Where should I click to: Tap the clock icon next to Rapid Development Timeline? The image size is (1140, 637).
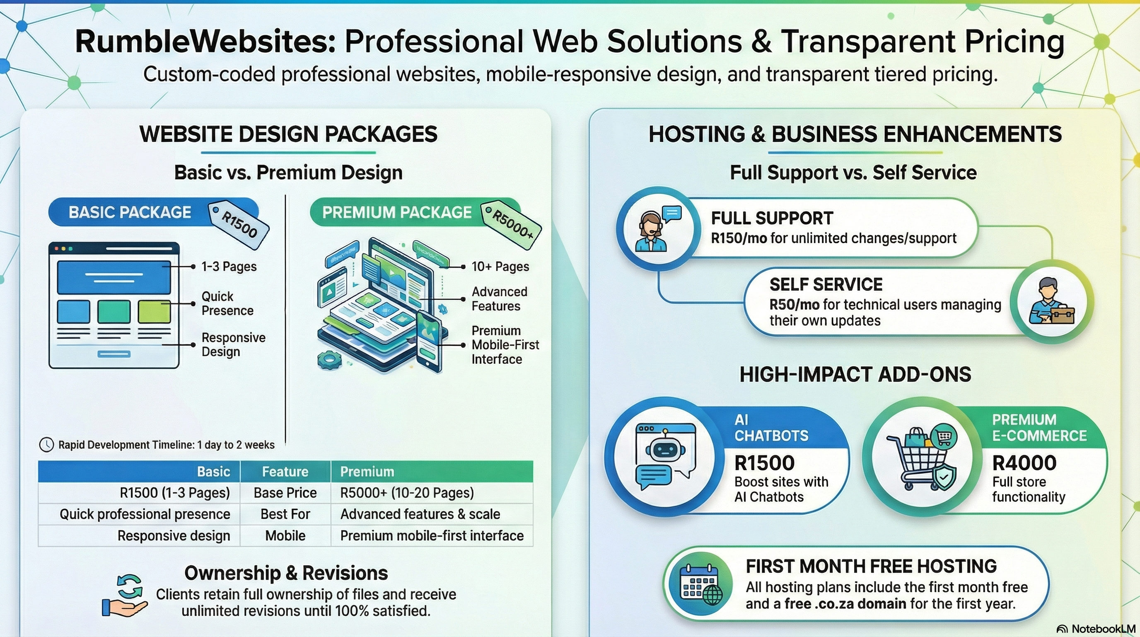click(x=46, y=445)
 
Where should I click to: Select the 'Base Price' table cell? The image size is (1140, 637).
click(x=285, y=493)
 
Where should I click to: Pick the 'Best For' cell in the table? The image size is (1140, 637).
click(x=285, y=514)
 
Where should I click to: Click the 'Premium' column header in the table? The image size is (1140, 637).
click(x=367, y=472)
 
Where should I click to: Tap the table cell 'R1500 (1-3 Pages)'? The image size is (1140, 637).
click(x=175, y=493)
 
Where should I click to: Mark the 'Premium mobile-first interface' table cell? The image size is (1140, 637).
click(x=432, y=535)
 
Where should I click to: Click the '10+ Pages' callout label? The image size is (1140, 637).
click(x=500, y=266)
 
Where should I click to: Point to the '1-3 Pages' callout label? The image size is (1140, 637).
click(x=229, y=266)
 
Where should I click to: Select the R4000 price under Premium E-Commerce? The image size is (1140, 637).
click(x=1024, y=463)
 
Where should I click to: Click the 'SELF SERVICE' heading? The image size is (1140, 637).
click(x=826, y=284)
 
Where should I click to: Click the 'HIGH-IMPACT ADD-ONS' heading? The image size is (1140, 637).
click(x=855, y=374)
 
